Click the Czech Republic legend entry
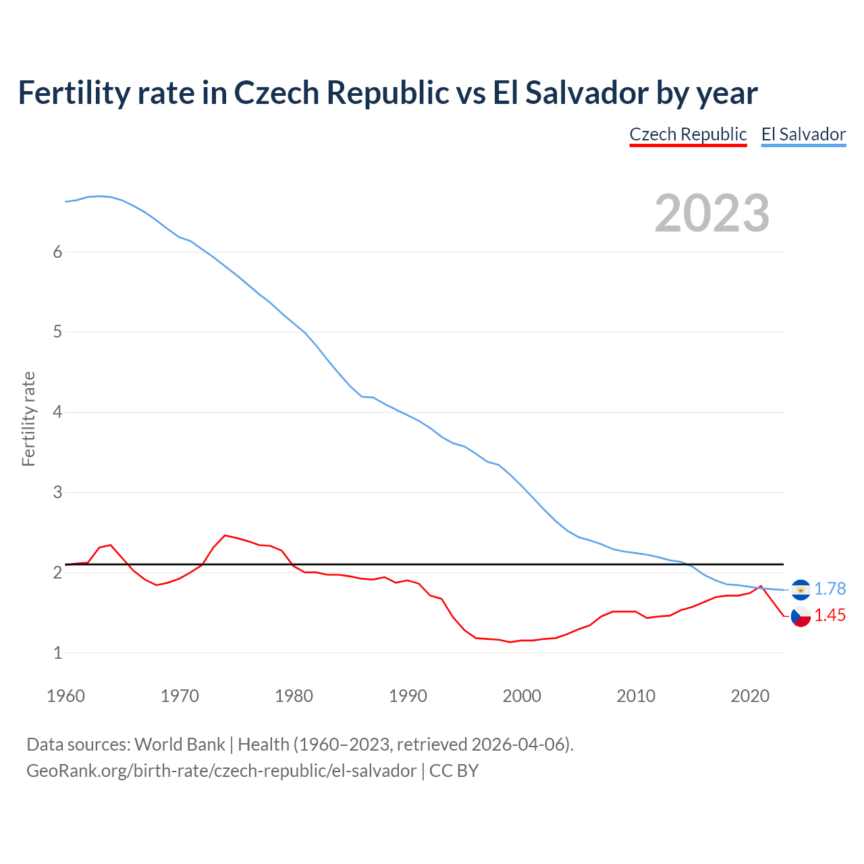click(688, 134)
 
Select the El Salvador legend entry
click(803, 134)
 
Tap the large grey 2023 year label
click(712, 213)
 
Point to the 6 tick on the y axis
click(57, 252)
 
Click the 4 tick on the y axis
click(57, 412)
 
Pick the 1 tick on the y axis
click(57, 653)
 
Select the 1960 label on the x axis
click(65, 696)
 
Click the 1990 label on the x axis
click(408, 696)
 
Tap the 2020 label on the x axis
click(750, 696)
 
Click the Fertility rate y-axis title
click(28, 418)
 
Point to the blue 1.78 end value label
click(830, 589)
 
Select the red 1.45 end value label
click(830, 615)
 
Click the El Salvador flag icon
click(801, 589)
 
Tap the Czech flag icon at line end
click(801, 616)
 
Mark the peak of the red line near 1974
click(225, 535)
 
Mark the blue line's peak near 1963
click(99, 196)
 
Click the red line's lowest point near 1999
click(510, 642)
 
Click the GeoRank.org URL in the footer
click(221, 771)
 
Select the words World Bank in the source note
click(180, 745)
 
